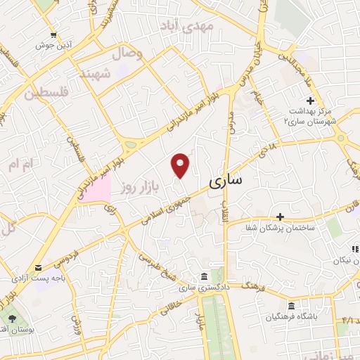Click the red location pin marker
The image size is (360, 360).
[x=181, y=165]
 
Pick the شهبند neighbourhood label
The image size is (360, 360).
[x=116, y=72]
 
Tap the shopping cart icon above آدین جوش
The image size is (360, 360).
[x=53, y=34]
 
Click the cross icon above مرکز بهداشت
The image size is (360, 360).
[x=310, y=101]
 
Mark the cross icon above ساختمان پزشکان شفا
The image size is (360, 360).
[x=280, y=217]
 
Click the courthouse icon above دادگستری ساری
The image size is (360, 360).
[x=203, y=276]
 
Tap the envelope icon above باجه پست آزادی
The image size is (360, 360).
[x=37, y=267]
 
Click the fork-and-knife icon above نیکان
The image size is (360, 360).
[x=355, y=249]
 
